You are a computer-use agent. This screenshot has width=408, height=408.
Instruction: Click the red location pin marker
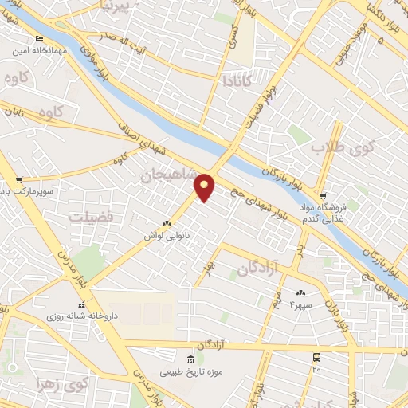tap(206, 186)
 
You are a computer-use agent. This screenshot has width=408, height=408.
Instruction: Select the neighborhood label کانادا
tap(238, 80)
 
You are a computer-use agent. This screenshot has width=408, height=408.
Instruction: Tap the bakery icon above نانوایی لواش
tap(167, 224)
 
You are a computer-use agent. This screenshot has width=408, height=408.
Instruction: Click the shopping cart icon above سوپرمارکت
tap(18, 180)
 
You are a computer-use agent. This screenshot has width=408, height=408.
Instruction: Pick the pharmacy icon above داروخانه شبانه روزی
tap(80, 304)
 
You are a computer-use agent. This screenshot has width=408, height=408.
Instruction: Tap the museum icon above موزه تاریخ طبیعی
tap(189, 359)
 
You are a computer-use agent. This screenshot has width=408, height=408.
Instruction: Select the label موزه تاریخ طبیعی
tap(189, 372)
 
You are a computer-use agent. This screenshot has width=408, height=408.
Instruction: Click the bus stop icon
tap(317, 357)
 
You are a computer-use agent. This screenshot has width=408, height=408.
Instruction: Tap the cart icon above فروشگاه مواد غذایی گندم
tap(322, 195)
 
